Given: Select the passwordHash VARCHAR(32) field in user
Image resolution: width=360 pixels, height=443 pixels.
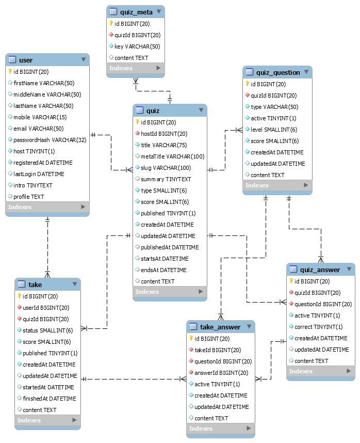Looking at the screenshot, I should click(50, 140).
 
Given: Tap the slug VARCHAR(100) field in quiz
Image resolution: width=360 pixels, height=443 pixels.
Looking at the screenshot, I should click(166, 168).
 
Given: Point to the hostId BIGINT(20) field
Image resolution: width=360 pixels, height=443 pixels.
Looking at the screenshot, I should click(164, 134).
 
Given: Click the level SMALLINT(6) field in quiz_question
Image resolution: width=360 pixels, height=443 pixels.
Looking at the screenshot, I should click(274, 130).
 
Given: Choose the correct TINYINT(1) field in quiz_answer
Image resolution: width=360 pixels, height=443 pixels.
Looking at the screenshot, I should click(318, 327).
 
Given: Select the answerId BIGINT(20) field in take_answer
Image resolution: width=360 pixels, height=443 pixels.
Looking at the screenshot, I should click(221, 373).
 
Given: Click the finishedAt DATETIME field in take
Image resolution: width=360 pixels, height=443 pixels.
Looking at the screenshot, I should click(49, 399).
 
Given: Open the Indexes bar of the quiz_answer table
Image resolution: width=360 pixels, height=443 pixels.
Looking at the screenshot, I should click(320, 371).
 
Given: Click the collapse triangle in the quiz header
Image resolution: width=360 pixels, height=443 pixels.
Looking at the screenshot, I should click(200, 110).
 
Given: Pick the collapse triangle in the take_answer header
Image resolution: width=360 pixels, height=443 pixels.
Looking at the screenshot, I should click(249, 327).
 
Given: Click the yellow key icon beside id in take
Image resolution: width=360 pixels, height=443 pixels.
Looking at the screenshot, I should click(20, 296).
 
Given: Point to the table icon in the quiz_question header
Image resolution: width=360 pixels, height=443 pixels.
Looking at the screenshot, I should click(250, 72).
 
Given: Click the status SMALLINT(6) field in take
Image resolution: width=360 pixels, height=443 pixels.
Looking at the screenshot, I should click(47, 330).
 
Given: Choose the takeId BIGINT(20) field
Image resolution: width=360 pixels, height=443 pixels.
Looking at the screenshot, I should click(218, 350).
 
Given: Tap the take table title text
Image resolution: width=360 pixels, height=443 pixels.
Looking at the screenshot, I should click(35, 284).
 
